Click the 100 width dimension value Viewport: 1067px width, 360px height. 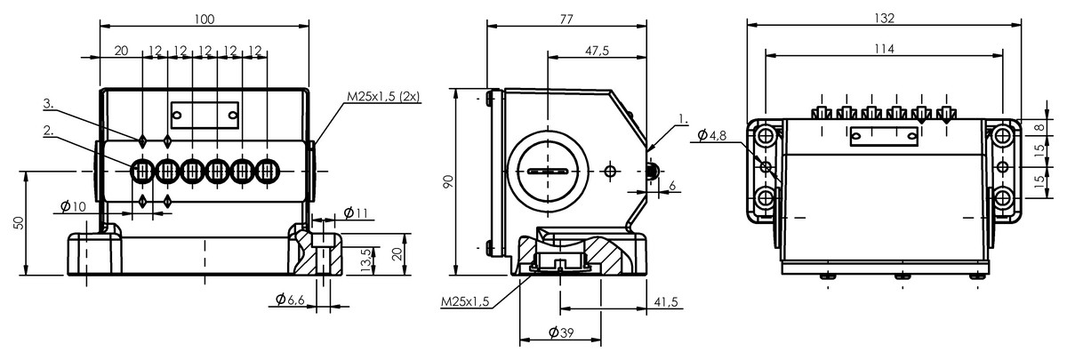[205, 19]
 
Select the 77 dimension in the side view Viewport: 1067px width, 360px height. [566, 19]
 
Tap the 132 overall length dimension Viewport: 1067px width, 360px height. [884, 18]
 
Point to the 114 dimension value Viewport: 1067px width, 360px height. [884, 49]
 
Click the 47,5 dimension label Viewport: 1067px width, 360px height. [597, 51]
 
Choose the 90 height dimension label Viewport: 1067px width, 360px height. [449, 181]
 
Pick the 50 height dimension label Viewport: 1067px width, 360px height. [18, 223]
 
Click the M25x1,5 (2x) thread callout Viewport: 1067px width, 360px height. [383, 96]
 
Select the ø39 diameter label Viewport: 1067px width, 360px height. [561, 332]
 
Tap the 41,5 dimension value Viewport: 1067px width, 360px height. [665, 302]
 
